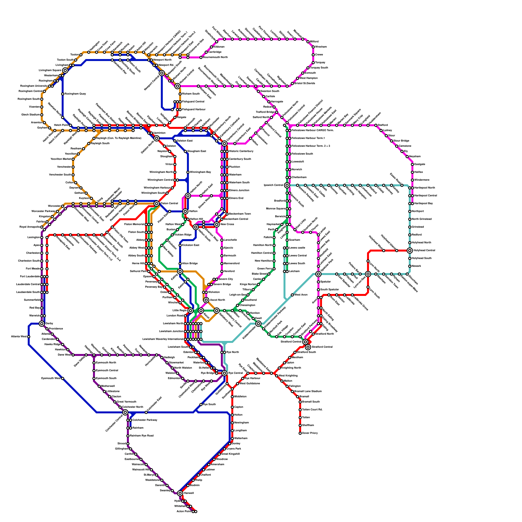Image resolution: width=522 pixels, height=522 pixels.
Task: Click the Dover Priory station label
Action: tap(310, 433)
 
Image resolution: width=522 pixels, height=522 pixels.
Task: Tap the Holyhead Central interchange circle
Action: tap(410, 251)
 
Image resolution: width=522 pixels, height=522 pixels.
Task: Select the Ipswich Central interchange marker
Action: tap(287, 185)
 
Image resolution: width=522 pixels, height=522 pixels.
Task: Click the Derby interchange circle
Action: tap(42, 324)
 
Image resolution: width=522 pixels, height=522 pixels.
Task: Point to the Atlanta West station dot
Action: tap(29, 337)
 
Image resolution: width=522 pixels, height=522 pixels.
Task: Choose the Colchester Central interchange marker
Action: tap(125, 412)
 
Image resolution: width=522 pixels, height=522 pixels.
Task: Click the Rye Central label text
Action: tap(236, 373)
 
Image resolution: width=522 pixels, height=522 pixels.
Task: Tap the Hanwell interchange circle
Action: tap(180, 493)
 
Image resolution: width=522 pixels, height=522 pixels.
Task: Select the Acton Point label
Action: tap(184, 512)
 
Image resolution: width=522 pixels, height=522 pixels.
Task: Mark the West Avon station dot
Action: tap(292, 295)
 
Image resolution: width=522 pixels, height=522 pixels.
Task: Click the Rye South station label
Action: tap(209, 405)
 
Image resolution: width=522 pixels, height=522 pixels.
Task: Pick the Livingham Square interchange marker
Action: tap(65, 70)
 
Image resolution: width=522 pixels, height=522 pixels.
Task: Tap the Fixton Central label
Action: tap(169, 204)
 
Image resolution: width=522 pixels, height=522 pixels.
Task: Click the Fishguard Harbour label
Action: tap(194, 110)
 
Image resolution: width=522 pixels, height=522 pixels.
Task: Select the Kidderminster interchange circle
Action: tap(258, 324)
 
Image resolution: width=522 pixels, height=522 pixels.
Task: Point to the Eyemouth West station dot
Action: tap(63, 378)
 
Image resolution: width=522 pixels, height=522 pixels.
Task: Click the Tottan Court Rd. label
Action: tap(312, 410)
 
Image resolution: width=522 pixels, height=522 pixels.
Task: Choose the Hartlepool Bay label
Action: tap(423, 204)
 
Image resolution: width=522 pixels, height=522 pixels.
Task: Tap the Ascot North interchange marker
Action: tap(206, 300)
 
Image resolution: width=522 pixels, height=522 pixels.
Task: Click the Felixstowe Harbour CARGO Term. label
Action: tap(313, 130)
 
